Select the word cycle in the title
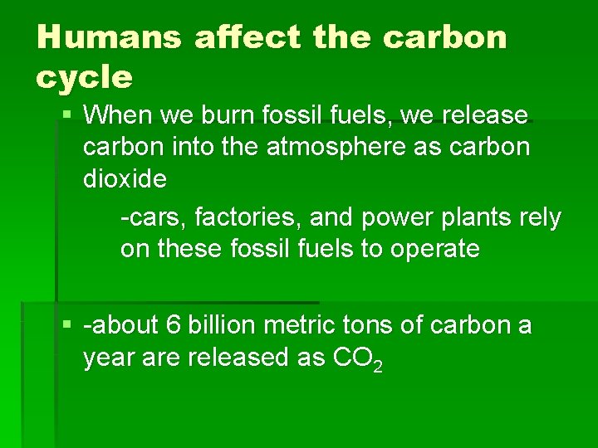[84, 77]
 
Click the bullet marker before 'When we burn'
[67, 114]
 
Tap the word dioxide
[125, 178]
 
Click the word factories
[242, 217]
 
